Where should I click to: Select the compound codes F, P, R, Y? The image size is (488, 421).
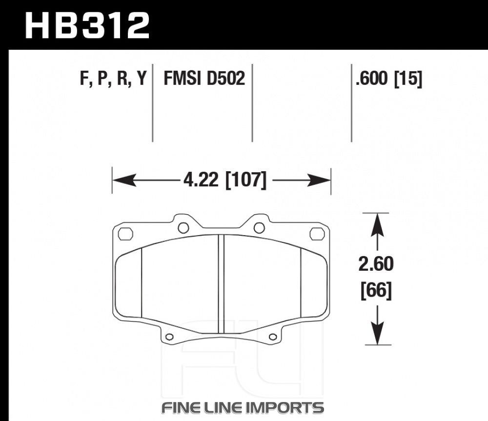pos(113,79)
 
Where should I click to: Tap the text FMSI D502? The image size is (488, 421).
pos(204,78)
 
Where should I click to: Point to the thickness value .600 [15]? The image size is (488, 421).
pos(389,79)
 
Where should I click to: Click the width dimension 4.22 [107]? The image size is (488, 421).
pos(225,180)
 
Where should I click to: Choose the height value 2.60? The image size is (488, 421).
pos(376,264)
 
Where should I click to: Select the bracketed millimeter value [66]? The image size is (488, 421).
pos(376,290)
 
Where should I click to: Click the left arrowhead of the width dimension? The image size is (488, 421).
pos(124,180)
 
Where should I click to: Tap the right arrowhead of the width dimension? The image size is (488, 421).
pos(319,180)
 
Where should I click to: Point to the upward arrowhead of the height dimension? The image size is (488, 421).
pos(377,225)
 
